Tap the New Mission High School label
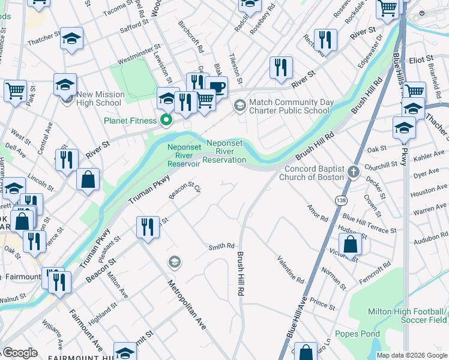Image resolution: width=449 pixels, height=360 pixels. [99, 98]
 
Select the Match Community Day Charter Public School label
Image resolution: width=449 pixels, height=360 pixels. [291, 106]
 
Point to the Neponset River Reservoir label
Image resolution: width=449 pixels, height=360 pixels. [183, 155]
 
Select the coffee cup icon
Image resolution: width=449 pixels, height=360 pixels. [216, 86]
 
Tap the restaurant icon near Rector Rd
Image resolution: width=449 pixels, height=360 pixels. [325, 40]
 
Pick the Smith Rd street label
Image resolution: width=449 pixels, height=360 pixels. [221, 246]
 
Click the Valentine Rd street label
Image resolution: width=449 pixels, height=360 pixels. [290, 269]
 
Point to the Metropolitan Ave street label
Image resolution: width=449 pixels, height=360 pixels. [187, 305]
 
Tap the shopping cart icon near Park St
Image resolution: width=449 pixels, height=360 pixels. [15, 91]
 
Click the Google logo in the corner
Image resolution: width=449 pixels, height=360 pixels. [20, 353]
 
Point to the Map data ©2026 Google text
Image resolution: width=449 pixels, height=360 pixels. [412, 355]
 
